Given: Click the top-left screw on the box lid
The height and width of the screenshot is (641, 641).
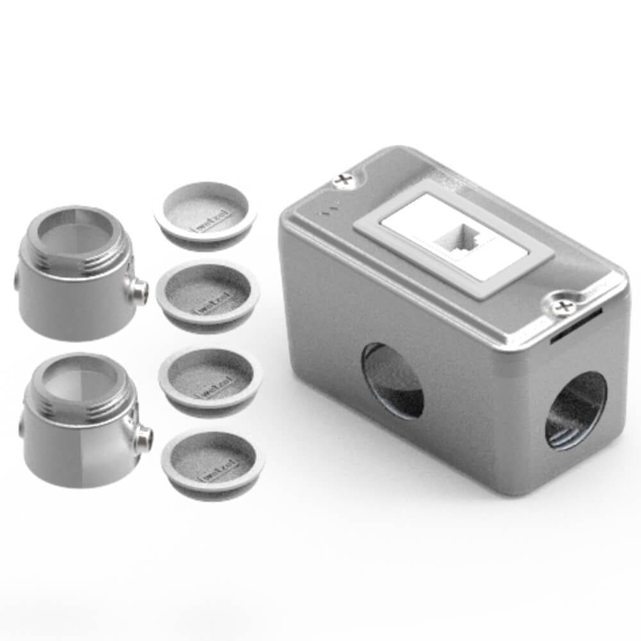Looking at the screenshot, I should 344,179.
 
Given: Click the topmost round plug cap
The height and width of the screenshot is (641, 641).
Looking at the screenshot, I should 205,213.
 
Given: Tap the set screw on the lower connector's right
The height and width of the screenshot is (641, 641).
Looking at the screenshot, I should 144,439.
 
